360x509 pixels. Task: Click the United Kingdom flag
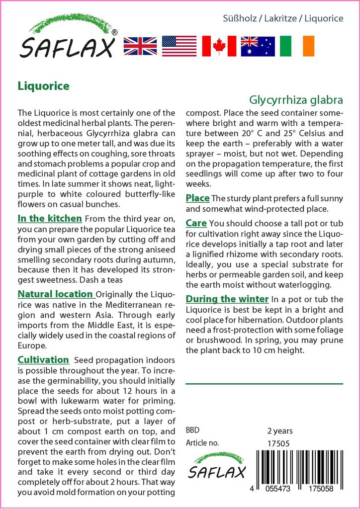(140, 46)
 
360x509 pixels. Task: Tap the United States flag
(180, 46)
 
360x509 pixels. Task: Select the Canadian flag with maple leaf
(219, 46)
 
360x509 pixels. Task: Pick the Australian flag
(258, 46)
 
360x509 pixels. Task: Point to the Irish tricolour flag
(297, 46)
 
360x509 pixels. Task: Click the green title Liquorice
(43, 86)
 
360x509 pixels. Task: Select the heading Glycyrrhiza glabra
(296, 99)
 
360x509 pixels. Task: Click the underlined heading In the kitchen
(49, 218)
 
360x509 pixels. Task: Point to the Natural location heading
(55, 294)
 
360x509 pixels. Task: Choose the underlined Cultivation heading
(43, 359)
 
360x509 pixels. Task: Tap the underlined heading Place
(197, 198)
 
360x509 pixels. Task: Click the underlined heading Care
(196, 223)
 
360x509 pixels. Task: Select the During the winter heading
(227, 299)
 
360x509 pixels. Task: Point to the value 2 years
(280, 430)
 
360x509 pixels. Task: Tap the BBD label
(193, 430)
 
